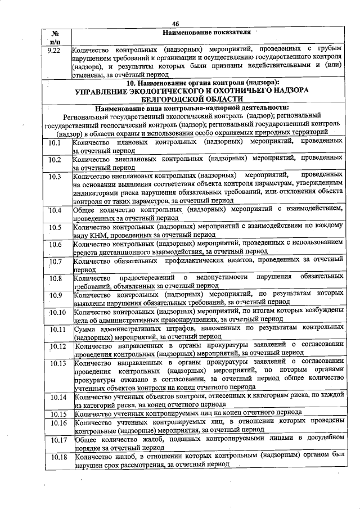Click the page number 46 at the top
coord(175,24)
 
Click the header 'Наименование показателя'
coord(206,33)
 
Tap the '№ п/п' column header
coord(56,38)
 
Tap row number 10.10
coord(56,312)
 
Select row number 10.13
coord(57,363)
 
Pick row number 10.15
coord(57,414)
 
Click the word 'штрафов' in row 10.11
coord(183,328)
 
